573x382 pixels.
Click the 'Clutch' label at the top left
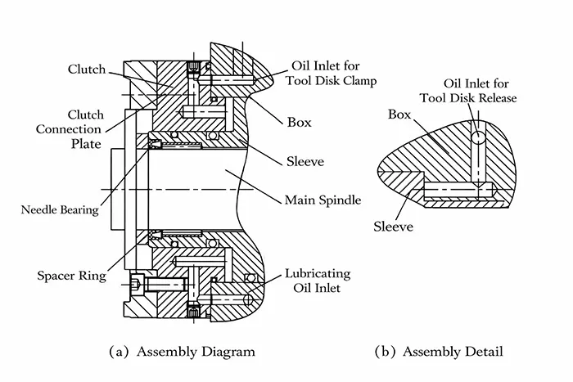(86, 70)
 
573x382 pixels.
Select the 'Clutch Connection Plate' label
(79, 129)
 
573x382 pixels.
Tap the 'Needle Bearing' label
(60, 210)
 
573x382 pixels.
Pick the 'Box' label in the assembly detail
(400, 115)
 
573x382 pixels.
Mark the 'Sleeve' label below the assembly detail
(393, 225)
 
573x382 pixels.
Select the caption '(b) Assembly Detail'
(439, 352)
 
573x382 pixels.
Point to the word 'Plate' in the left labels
(86, 144)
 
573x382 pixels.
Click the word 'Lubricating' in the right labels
(318, 272)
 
